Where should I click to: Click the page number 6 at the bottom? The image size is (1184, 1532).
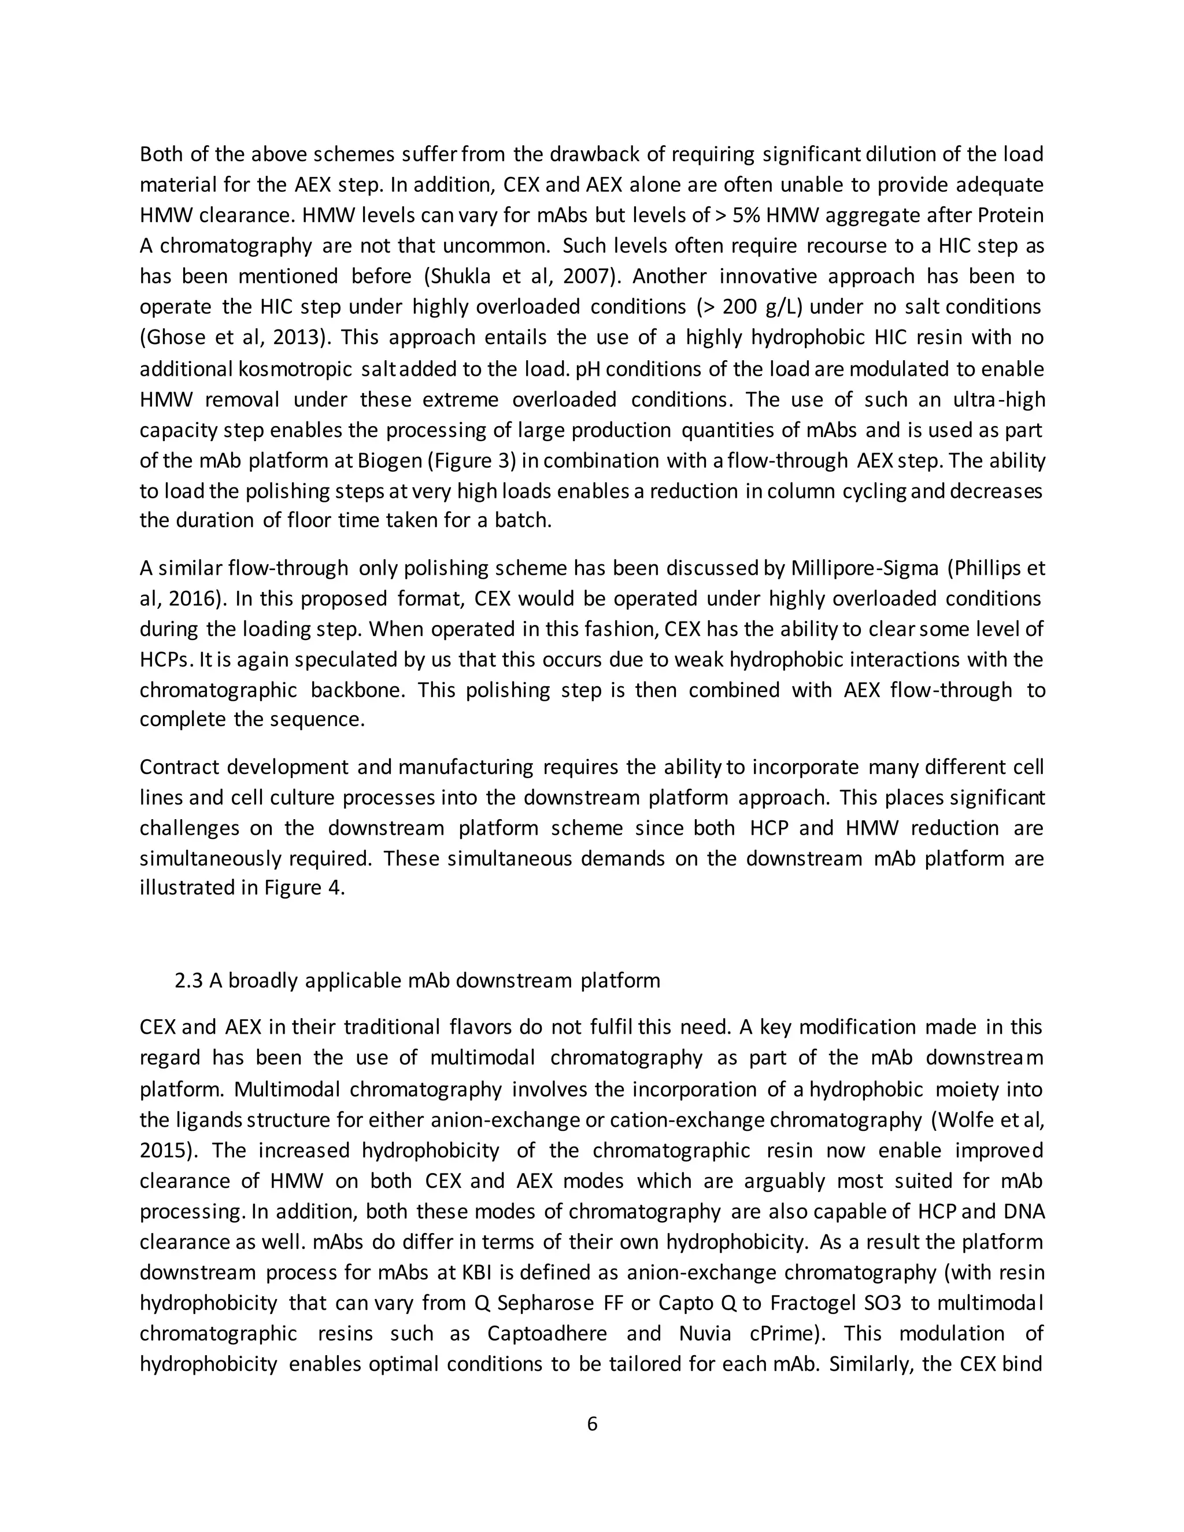591,1424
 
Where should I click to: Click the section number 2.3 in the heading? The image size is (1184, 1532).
188,980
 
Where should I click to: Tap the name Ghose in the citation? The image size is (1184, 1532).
172,338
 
